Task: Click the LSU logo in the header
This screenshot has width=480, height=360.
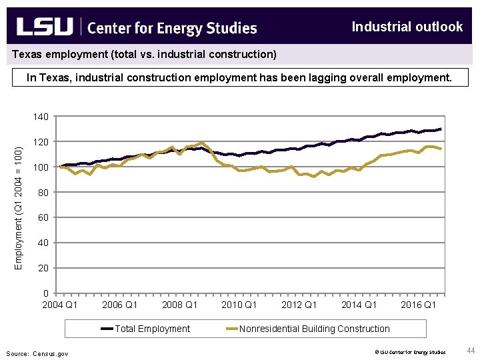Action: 44,27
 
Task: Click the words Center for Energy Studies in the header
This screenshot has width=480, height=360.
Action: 172,28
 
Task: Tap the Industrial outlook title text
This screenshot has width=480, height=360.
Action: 407,27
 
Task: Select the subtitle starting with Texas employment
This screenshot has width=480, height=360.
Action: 144,54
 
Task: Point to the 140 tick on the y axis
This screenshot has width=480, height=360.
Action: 41,117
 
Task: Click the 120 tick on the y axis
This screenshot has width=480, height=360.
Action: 41,142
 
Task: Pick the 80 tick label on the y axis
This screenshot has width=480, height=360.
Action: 43,193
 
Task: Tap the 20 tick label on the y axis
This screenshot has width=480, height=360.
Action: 43,268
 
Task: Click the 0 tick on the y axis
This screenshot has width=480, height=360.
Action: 45,293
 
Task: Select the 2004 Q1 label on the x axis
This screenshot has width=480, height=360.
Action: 60,305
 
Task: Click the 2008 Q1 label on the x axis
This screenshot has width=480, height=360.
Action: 179,305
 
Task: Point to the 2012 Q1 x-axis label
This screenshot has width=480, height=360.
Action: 299,305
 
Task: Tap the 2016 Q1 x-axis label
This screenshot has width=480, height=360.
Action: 418,305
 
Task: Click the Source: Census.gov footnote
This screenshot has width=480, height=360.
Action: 37,353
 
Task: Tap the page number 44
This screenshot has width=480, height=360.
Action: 470,351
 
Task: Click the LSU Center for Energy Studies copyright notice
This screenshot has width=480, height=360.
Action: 409,352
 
